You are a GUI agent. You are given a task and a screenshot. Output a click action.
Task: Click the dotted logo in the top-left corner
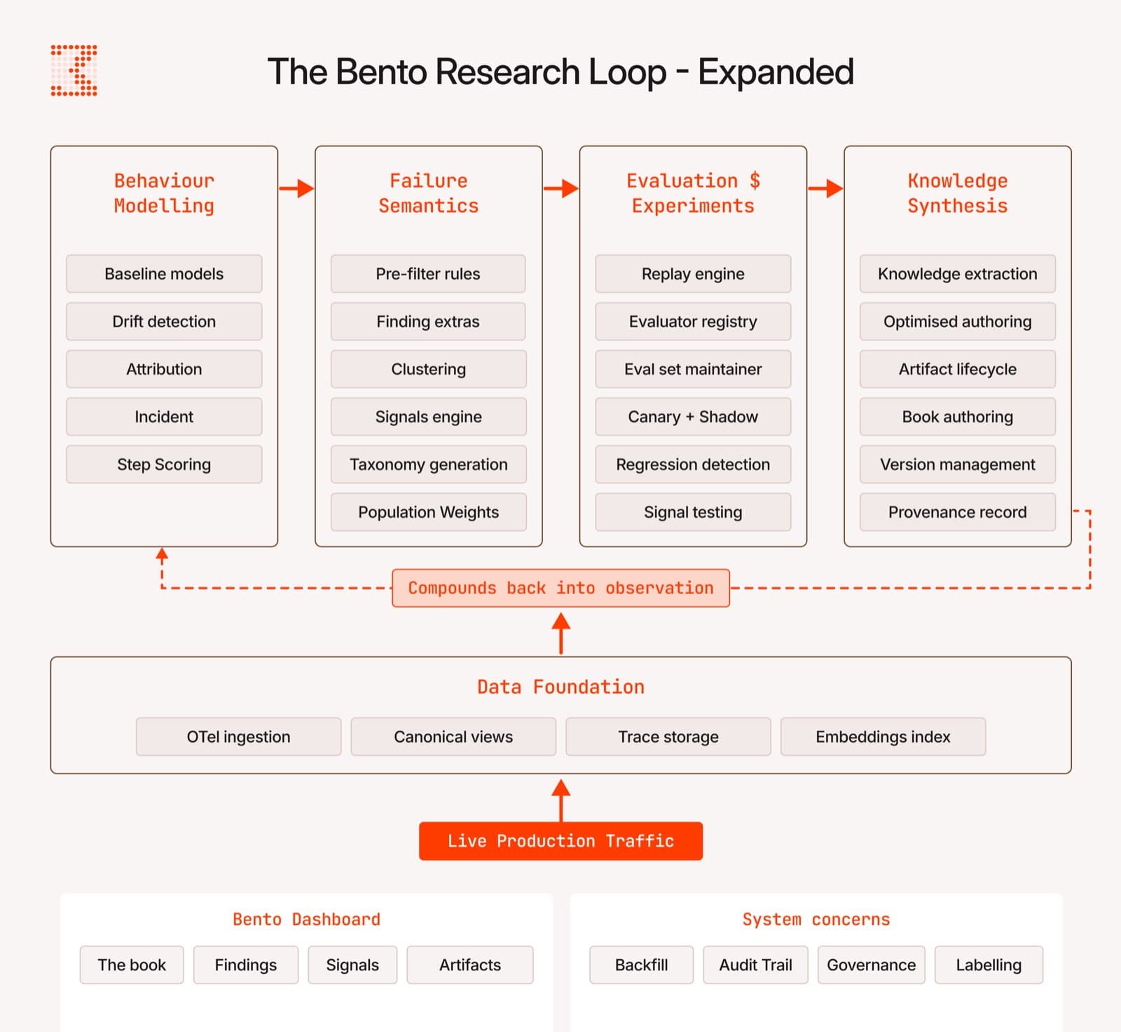[x=74, y=71]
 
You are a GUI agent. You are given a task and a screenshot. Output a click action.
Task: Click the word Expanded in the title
[x=776, y=72]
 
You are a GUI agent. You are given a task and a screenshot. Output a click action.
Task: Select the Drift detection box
[x=164, y=322]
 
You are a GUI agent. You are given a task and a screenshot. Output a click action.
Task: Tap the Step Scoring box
[x=164, y=465]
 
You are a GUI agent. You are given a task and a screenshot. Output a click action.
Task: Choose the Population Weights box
[x=428, y=512]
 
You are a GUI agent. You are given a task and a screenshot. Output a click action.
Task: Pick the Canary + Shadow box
[x=692, y=417]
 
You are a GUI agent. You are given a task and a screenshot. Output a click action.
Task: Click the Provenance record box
[x=957, y=512]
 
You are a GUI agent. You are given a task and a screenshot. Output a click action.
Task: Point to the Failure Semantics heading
[x=428, y=193]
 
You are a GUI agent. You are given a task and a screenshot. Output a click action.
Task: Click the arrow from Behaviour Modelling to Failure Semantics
[x=296, y=188]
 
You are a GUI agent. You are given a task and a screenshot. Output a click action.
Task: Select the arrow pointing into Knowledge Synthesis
[x=825, y=188]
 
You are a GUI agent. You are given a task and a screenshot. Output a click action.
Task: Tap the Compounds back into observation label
[x=560, y=588]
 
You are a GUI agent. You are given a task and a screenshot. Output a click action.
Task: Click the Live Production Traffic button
[x=560, y=841]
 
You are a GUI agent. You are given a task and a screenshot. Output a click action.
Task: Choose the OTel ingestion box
[x=238, y=736]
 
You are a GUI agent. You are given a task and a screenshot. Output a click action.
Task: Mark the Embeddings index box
[x=883, y=736]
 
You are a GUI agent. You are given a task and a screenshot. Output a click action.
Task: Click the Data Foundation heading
[x=560, y=687]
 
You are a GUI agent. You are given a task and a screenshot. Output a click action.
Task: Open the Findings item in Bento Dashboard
[x=245, y=965]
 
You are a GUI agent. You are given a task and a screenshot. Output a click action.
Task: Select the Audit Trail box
[x=755, y=965]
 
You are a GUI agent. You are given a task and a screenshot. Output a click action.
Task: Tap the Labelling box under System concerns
[x=988, y=965]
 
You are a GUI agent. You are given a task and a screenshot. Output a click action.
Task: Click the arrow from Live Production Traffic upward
[x=560, y=800]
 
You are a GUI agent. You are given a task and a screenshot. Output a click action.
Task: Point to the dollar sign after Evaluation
[x=755, y=181]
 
